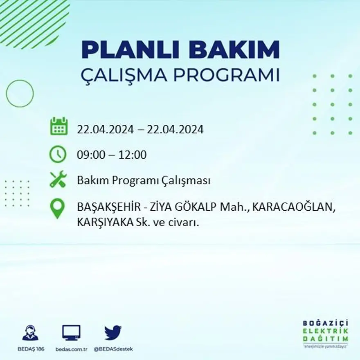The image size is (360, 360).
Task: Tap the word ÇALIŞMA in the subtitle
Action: click(124, 76)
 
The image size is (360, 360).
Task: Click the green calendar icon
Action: click(59, 126)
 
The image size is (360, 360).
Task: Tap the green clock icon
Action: click(58, 154)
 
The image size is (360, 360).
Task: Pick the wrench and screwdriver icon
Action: click(58, 180)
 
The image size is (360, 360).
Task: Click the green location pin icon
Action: click(57, 208)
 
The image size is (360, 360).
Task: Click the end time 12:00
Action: click(133, 155)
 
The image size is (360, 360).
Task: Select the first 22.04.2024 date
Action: click(106, 130)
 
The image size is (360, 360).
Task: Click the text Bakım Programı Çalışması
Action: click(144, 180)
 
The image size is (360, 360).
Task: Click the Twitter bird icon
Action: click(113, 333)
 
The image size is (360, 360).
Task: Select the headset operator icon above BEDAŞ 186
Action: click(30, 333)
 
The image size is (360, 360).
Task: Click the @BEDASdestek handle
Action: click(113, 349)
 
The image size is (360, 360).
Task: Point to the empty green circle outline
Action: click(20, 94)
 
